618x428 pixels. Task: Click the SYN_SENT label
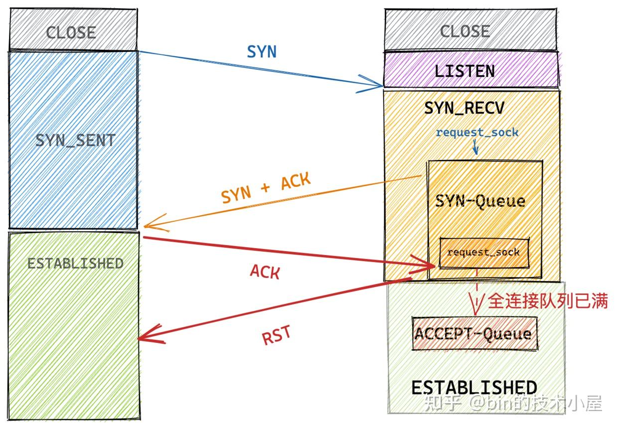(75, 140)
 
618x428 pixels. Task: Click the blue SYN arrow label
(262, 51)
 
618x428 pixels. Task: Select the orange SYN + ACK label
(266, 188)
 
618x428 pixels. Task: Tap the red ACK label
(265, 272)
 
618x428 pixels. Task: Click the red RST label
(276, 336)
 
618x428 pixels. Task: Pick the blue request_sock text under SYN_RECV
(477, 133)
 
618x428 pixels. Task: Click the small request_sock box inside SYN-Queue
(483, 252)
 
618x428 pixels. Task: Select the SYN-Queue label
(480, 201)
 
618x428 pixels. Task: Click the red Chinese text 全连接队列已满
(547, 301)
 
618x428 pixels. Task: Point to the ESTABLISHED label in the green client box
(75, 263)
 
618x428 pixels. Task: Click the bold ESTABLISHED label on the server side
(474, 388)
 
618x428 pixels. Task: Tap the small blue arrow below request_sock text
(475, 147)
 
